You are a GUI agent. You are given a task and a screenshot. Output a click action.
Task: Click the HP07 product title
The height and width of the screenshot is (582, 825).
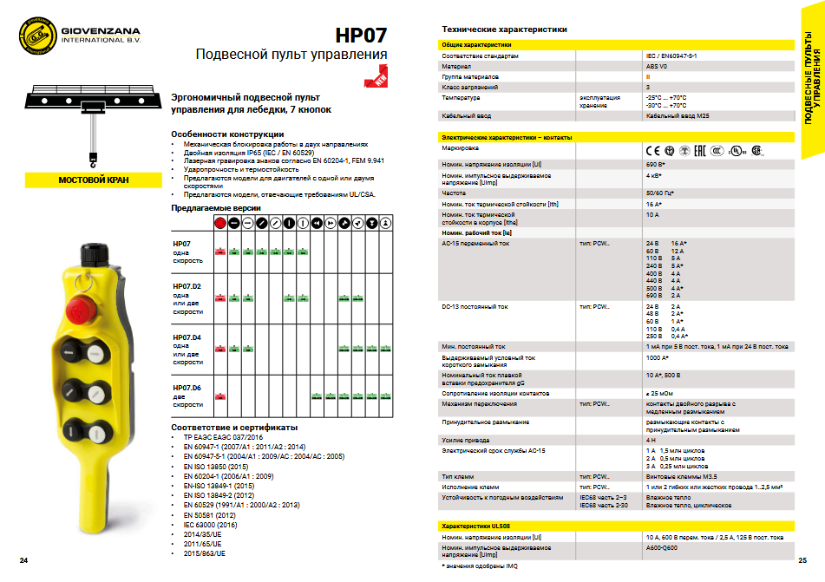click(x=361, y=36)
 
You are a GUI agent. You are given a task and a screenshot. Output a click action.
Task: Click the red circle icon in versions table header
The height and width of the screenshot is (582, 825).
click(x=219, y=223)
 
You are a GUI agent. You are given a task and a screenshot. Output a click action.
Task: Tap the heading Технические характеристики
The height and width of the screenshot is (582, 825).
click(x=504, y=29)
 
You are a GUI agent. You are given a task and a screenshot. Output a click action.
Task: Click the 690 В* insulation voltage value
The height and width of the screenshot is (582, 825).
click(x=655, y=163)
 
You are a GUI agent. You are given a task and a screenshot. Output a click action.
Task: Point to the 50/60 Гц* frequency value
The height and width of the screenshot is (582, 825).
click(x=660, y=193)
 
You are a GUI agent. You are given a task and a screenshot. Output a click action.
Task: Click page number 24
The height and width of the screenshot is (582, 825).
click(x=23, y=561)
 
